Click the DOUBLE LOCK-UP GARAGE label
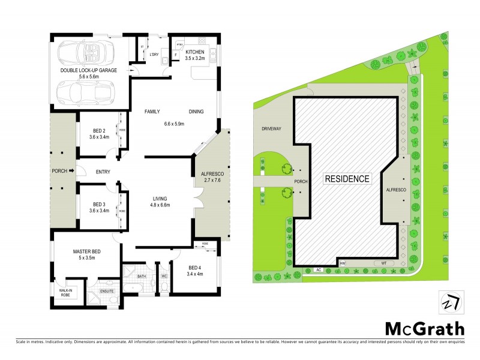coord(88,70)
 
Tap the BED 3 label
coord(100,205)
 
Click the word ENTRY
coord(103,172)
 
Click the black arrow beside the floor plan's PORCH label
coord(71,171)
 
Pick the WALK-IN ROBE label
coord(66,293)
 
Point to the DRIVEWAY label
coord(271,128)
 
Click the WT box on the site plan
coord(383,263)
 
